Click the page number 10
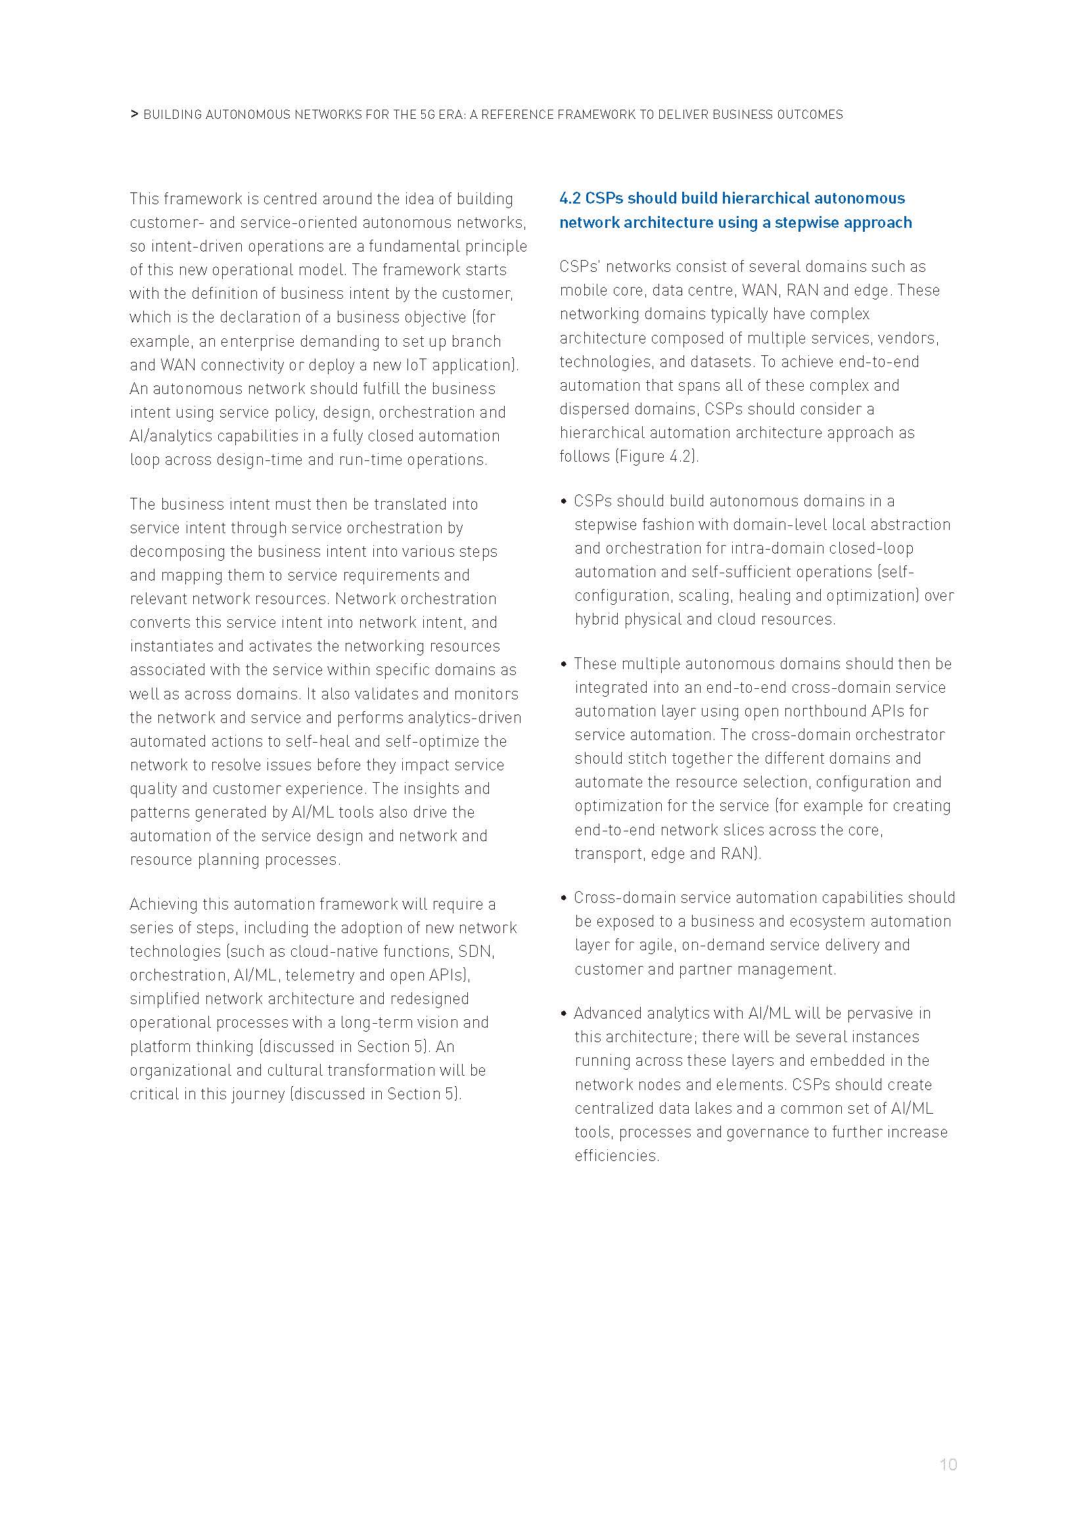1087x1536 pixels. tap(948, 1464)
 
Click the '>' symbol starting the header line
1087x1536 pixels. tap(134, 114)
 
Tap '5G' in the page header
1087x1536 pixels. tap(428, 115)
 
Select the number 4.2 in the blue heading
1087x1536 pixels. tap(570, 199)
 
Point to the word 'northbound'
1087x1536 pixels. tap(839, 711)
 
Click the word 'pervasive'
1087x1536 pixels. tap(877, 1013)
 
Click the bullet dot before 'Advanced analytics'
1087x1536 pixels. tap(564, 1013)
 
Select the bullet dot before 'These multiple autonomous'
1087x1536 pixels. tap(564, 665)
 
